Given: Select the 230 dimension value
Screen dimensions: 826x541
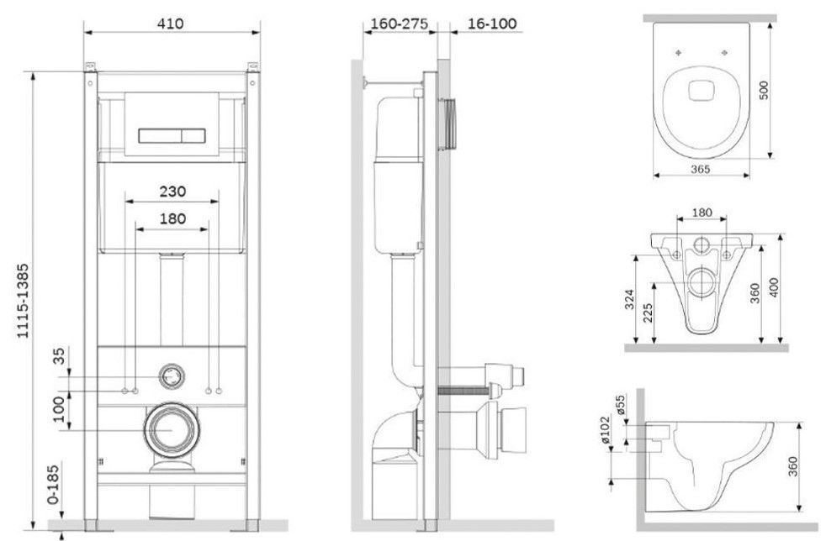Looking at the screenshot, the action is (x=172, y=191).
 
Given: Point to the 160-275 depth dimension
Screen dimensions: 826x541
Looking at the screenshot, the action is (x=400, y=24).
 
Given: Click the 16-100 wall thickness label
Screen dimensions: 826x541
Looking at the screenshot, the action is (x=491, y=24).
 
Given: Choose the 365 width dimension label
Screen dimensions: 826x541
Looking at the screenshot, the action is (x=700, y=169).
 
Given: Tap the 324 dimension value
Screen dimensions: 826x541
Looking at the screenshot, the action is (x=630, y=298).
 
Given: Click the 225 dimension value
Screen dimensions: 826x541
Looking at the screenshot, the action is (x=649, y=313).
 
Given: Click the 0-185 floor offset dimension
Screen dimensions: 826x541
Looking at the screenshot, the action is (x=53, y=483).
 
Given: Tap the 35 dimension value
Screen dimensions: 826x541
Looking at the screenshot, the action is (x=59, y=355).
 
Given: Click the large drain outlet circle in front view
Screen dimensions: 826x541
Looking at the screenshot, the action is (x=172, y=429).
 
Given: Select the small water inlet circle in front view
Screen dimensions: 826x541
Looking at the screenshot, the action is (x=172, y=376).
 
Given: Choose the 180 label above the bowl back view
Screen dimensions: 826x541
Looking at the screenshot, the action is (x=702, y=213).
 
